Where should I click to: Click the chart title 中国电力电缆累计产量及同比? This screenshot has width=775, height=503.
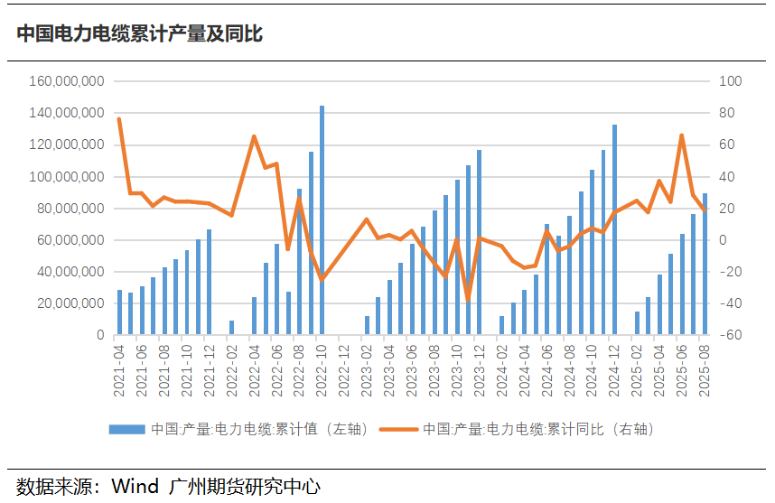(140, 34)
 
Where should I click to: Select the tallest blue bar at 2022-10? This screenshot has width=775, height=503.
(322, 220)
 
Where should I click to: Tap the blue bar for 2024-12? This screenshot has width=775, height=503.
(615, 230)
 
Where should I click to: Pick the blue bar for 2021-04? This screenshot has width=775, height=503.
(119, 312)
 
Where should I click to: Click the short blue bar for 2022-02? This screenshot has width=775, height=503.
(231, 328)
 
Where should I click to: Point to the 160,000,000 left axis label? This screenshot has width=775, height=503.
(68, 81)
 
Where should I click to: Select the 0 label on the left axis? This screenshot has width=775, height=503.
(101, 335)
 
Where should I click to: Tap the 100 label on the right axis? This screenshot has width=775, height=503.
(730, 81)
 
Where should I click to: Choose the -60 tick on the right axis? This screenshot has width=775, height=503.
(730, 335)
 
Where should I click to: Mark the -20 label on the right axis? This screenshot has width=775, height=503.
(730, 272)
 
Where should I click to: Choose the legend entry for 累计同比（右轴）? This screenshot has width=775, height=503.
(537, 429)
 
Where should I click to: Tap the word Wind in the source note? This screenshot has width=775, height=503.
(135, 486)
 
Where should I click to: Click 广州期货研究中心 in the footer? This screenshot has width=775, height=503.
(245, 486)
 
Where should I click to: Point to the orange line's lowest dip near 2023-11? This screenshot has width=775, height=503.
(468, 300)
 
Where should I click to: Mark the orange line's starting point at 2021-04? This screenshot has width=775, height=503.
(119, 119)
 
